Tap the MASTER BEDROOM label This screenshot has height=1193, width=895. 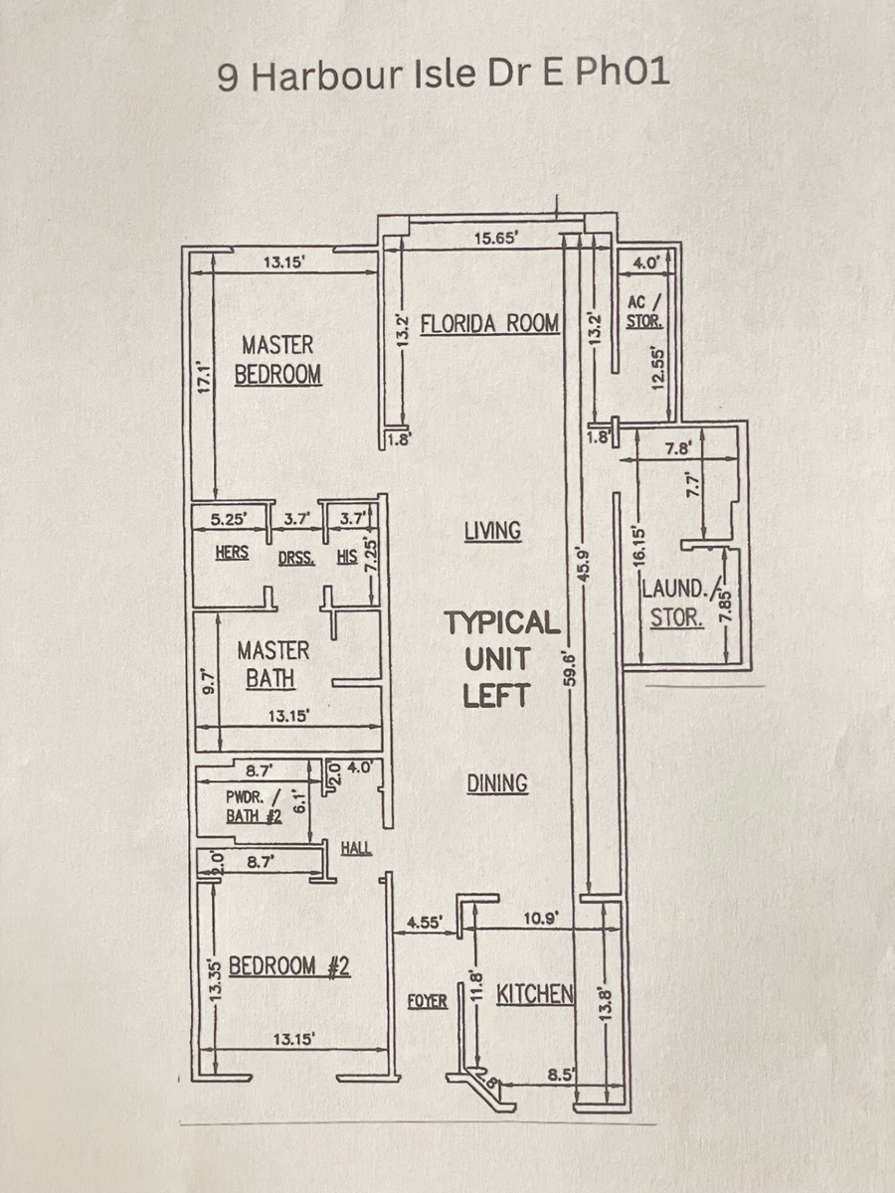(x=277, y=360)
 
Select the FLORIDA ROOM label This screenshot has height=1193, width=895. (x=490, y=324)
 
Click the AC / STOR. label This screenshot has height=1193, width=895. (x=644, y=311)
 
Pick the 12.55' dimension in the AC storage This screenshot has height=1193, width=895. (x=658, y=369)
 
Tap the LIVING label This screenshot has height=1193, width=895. (x=493, y=531)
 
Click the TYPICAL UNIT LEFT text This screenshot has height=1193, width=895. (x=501, y=659)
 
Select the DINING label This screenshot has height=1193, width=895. (x=498, y=783)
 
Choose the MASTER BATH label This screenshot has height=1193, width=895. (x=272, y=665)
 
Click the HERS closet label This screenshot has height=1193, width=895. (x=232, y=552)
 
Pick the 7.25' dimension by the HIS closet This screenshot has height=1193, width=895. (x=372, y=559)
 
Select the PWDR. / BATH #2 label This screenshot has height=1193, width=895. (x=255, y=806)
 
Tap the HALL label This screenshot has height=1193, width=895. (x=356, y=848)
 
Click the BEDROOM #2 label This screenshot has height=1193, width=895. (x=289, y=965)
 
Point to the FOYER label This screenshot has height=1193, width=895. (x=428, y=1001)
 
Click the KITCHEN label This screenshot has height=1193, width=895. (x=535, y=994)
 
